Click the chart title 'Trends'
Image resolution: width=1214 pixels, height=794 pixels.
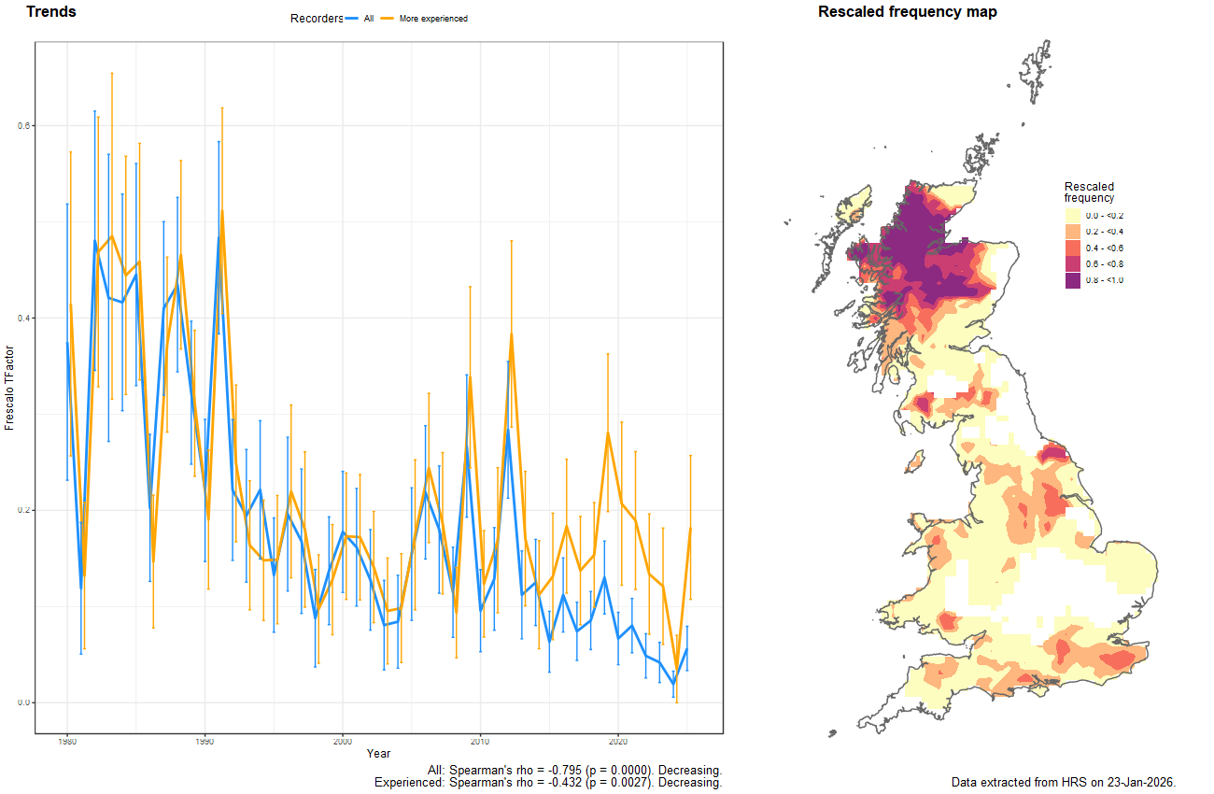[x=51, y=12]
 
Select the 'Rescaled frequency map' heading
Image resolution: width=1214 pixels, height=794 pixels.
[x=907, y=12]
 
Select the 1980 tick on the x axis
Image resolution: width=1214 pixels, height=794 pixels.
[x=67, y=741]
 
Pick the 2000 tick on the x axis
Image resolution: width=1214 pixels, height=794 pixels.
[x=343, y=741]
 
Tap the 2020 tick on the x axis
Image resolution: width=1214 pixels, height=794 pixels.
[x=618, y=741]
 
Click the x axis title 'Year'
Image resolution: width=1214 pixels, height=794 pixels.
[x=379, y=753]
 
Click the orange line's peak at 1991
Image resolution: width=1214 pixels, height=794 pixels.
[x=221, y=211]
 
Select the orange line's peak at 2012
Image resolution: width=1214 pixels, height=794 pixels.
[x=512, y=333]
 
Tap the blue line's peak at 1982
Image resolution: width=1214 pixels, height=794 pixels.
[x=95, y=241]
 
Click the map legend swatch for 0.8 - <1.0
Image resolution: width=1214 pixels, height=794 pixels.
[x=1073, y=281]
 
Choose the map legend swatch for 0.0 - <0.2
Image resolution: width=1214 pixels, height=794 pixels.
[x=1073, y=216]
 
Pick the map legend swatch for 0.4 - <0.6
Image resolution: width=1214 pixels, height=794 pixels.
[x=1073, y=248]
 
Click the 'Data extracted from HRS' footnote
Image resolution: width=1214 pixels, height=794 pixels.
[x=1063, y=782]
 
